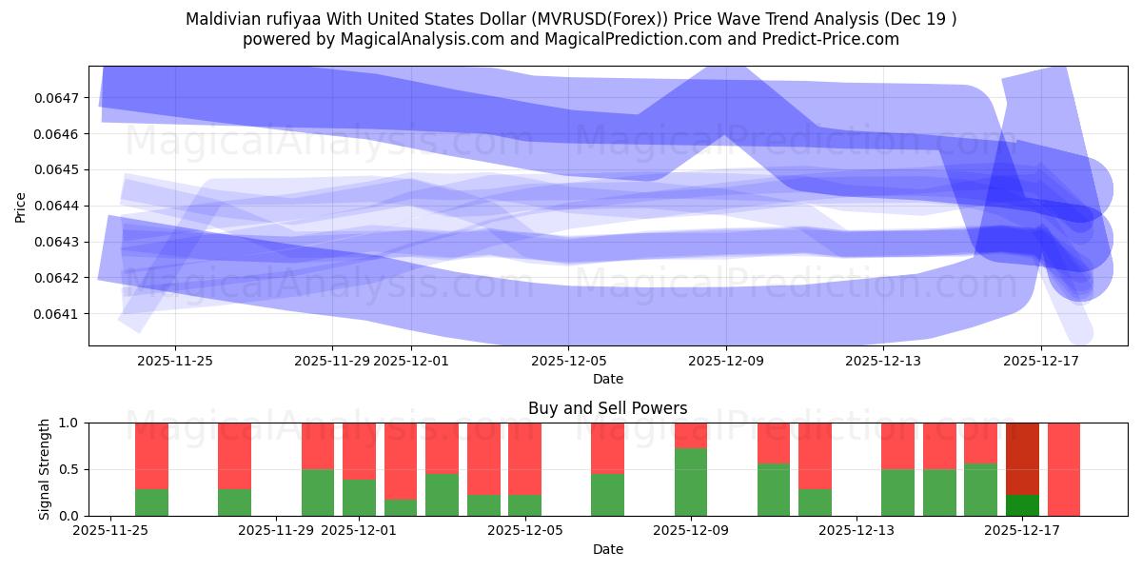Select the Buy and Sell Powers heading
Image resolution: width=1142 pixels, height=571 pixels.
[x=607, y=408]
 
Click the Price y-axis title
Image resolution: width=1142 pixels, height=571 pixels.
[x=21, y=206]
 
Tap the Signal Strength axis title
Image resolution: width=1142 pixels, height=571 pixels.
[x=45, y=469]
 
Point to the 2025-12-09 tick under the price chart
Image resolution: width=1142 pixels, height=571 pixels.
[x=725, y=361]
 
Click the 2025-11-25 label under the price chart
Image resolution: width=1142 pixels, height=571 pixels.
[x=175, y=361]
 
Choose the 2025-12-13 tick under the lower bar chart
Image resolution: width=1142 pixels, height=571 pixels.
[x=856, y=531]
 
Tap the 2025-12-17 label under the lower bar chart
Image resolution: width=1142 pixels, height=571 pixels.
[x=1022, y=531]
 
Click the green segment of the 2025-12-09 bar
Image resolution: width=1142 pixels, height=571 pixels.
[x=691, y=482]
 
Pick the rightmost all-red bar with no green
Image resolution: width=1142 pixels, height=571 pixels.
[x=1063, y=469]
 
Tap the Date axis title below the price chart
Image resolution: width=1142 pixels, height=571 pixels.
[x=607, y=379]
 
